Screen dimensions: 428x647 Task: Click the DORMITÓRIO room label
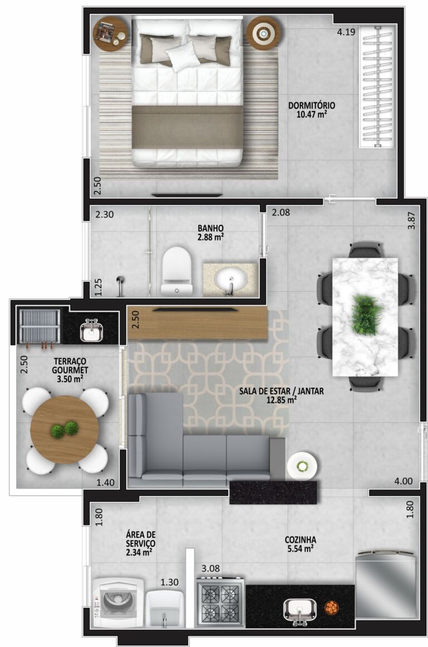(312, 105)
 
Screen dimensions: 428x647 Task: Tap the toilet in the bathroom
(177, 271)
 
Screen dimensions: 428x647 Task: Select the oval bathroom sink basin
(230, 277)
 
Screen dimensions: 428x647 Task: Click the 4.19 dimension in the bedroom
(346, 32)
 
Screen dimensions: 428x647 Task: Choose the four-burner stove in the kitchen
(220, 602)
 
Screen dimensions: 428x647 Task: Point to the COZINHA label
(300, 540)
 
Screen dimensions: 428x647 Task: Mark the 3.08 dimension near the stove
(210, 568)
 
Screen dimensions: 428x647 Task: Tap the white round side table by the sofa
(303, 466)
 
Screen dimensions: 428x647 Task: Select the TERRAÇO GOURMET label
(70, 366)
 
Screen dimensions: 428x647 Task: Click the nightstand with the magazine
(110, 33)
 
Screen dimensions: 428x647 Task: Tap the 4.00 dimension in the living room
(403, 481)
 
